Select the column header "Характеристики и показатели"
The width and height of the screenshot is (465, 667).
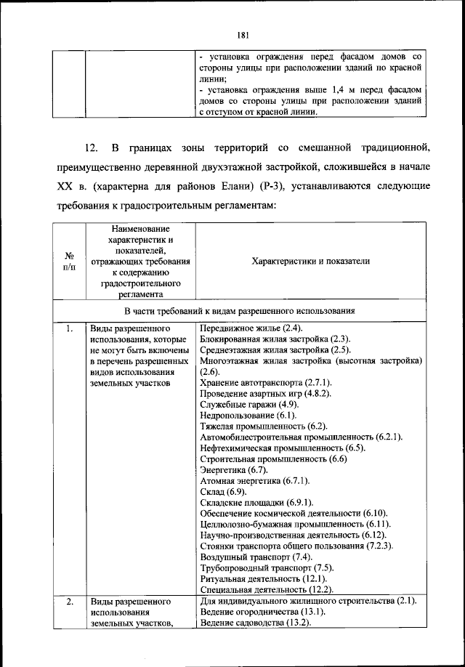(311, 261)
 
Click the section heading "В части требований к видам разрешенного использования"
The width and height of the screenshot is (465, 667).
(239, 311)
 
